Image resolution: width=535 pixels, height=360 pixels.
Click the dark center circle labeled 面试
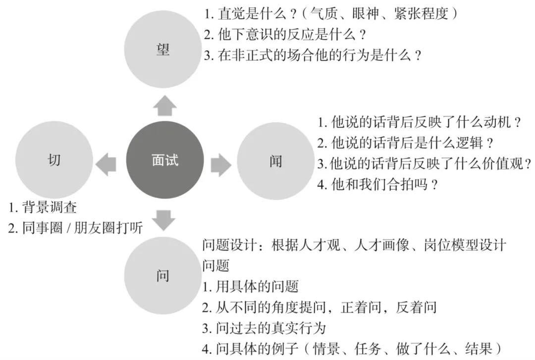(x=164, y=160)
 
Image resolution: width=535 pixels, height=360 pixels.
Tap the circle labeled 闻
(x=276, y=161)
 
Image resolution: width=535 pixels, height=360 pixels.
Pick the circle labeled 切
(x=54, y=159)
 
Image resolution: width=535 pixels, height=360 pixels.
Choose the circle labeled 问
(x=163, y=275)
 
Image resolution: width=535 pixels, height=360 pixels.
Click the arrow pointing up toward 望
(x=164, y=105)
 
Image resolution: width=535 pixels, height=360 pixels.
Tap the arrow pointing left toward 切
(x=106, y=164)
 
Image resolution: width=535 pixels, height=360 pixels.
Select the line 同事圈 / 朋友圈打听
(x=76, y=228)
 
